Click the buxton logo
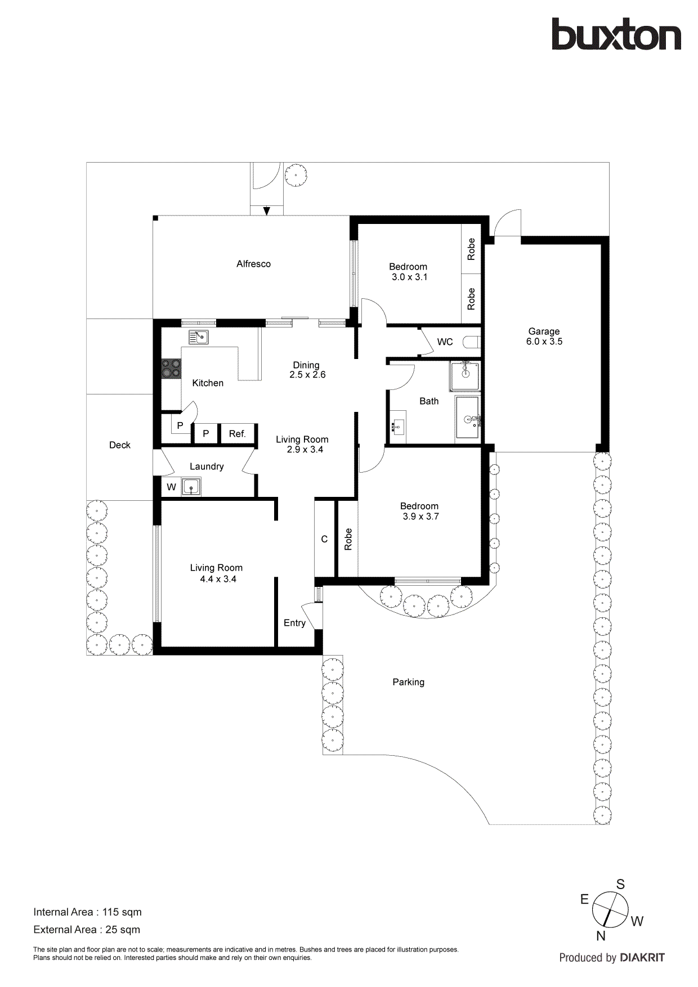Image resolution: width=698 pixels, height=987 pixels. [616, 35]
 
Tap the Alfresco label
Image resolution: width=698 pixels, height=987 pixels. [253, 264]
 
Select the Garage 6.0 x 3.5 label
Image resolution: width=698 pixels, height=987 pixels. [544, 337]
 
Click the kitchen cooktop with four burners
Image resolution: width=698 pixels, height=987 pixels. [171, 369]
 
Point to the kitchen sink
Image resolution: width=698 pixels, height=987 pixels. [199, 337]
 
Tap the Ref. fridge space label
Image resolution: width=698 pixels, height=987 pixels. [237, 434]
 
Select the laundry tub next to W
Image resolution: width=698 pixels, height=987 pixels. [191, 487]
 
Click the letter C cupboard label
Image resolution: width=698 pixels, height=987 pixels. [324, 539]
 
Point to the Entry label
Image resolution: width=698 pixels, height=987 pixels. [294, 623]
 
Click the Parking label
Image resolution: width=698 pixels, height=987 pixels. [408, 682]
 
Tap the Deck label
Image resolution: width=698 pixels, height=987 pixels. [119, 445]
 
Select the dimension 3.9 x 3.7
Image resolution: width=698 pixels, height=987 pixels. [420, 517]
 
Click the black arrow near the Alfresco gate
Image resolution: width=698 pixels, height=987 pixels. [267, 211]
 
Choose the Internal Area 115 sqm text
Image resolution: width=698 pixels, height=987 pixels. [87, 912]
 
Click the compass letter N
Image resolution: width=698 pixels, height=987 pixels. [601, 936]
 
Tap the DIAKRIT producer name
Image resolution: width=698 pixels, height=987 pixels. [642, 958]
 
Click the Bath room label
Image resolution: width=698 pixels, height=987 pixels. [429, 401]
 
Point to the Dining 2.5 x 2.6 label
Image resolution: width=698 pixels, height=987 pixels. [307, 370]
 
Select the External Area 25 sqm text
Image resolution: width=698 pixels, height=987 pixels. [87, 930]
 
